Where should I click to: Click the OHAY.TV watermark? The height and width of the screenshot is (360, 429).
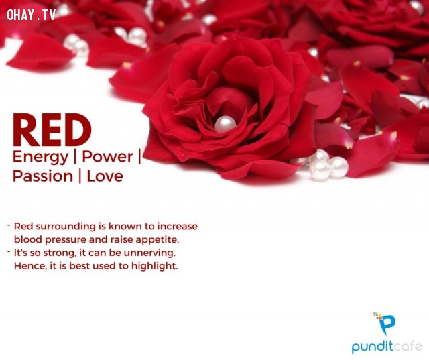click(32, 15)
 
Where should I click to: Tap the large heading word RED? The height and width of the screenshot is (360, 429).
click(52, 130)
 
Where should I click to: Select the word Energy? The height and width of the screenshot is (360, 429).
click(40, 158)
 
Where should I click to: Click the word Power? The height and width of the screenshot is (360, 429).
click(107, 156)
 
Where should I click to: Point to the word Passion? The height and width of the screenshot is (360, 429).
click(43, 176)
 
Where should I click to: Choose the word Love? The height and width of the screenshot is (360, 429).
click(105, 176)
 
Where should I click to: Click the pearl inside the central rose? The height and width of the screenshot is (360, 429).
click(225, 124)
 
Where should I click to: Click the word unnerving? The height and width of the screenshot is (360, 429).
click(149, 253)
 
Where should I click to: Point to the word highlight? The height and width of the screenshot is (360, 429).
click(155, 266)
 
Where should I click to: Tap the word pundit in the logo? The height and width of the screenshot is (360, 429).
click(369, 346)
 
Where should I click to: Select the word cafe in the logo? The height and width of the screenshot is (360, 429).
click(404, 346)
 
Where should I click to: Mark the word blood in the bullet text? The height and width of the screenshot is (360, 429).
click(28, 239)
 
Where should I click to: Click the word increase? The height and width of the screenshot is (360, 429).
click(177, 227)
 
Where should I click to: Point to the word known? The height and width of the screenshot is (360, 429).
click(125, 227)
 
